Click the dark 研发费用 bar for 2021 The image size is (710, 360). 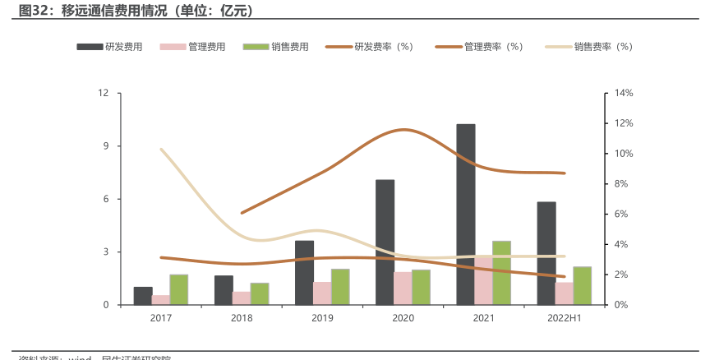click(466, 215)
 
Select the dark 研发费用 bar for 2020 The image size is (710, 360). click(385, 242)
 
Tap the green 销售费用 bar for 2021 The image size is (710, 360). click(501, 273)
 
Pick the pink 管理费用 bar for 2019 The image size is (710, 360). click(322, 293)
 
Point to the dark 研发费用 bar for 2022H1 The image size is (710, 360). click(546, 253)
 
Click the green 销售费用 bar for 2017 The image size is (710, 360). click(179, 289)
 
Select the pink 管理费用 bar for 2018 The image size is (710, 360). click(242, 298)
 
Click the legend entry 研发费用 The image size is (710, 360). click(110, 47)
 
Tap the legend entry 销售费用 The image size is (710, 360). click(276, 47)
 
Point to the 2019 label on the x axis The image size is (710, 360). click(322, 318)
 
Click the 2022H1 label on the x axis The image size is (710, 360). click(564, 318)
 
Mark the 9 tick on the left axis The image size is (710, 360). click(105, 146)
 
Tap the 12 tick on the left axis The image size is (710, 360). click(104, 93)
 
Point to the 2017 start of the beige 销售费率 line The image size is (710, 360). click(161, 150)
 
